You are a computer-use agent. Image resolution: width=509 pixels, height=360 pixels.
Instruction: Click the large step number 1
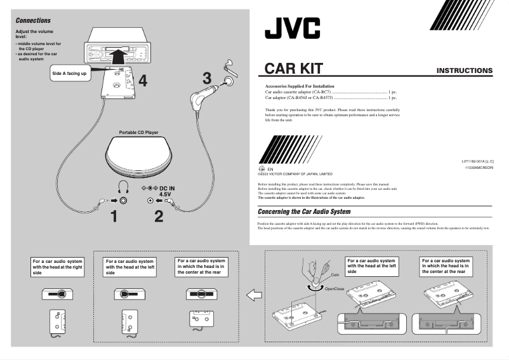click(x=114, y=217)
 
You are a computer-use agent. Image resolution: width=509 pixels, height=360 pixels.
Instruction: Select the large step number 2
click(x=158, y=217)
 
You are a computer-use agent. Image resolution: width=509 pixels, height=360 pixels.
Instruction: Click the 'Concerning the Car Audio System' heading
click(x=304, y=211)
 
